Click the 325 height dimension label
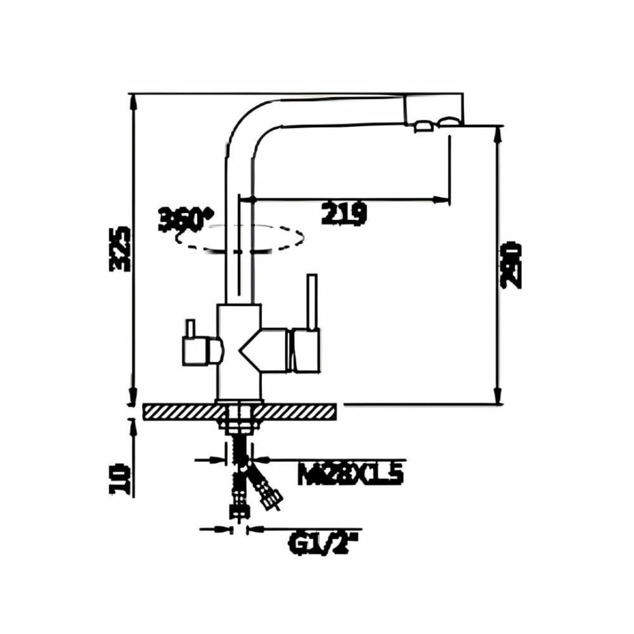click(120, 249)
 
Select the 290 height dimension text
click(512, 265)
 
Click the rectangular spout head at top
click(434, 109)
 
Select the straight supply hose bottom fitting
click(238, 510)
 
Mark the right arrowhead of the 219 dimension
click(437, 200)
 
